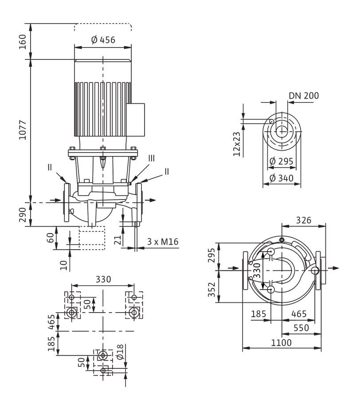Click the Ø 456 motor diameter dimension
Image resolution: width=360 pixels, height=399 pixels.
coord(103,40)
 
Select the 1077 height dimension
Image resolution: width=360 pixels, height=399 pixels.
coord(23,130)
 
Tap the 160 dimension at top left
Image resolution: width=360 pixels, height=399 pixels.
coord(23,42)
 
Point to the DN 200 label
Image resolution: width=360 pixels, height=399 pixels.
coord(304,96)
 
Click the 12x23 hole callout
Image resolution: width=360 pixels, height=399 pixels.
coord(237,144)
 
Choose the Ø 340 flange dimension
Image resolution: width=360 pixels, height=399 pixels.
coord(281,178)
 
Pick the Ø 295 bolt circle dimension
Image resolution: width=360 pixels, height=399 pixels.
coord(281,161)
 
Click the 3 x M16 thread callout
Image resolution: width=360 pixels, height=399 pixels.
coord(163,242)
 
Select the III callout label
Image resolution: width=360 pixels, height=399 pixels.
coord(151,158)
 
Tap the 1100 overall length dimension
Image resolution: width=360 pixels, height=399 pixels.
coord(281,343)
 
